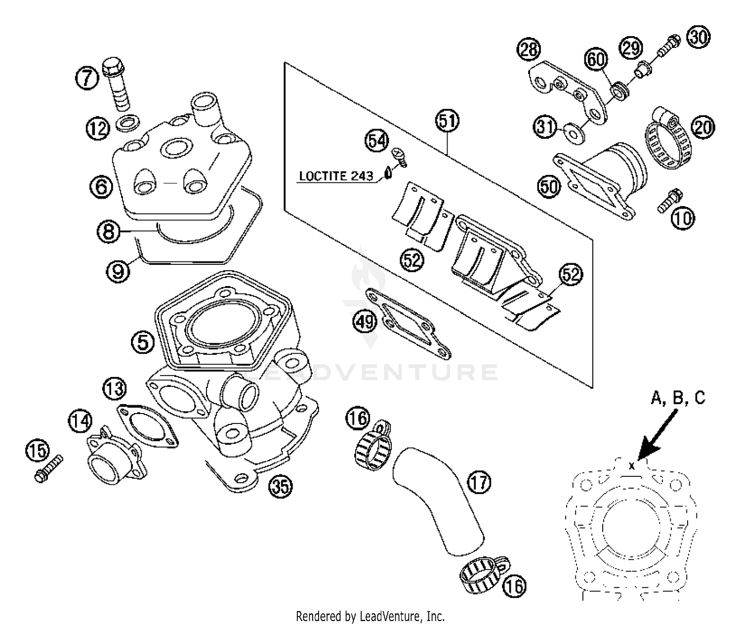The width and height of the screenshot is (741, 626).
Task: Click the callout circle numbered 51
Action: [447, 122]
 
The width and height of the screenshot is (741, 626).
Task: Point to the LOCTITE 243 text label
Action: [336, 176]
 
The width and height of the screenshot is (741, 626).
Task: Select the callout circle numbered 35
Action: [280, 487]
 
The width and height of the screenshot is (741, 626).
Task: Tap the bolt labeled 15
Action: [49, 467]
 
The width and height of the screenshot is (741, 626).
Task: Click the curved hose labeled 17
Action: [437, 499]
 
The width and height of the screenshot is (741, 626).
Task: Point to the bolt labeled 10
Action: [669, 201]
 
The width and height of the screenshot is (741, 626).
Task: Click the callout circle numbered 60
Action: [596, 60]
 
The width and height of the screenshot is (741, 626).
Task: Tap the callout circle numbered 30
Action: [698, 38]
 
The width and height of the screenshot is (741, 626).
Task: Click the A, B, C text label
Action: [678, 398]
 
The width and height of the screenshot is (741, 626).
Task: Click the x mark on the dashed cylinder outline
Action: [631, 465]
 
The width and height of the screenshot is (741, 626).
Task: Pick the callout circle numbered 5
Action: [143, 342]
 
